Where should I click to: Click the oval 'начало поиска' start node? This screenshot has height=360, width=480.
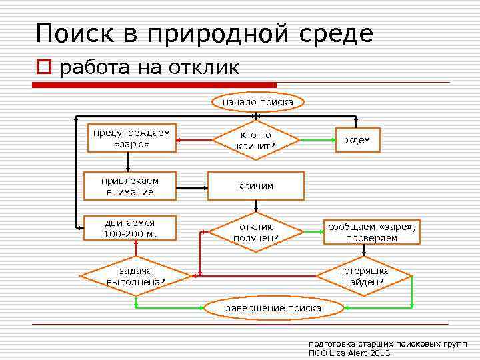257,102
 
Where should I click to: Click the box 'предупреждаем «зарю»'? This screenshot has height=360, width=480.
131,139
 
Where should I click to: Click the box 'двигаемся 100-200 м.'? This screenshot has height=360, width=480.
129,228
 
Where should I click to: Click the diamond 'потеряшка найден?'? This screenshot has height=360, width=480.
363,276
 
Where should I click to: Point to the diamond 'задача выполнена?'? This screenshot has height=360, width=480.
135,276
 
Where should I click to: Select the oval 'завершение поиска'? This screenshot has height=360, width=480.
273,308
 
